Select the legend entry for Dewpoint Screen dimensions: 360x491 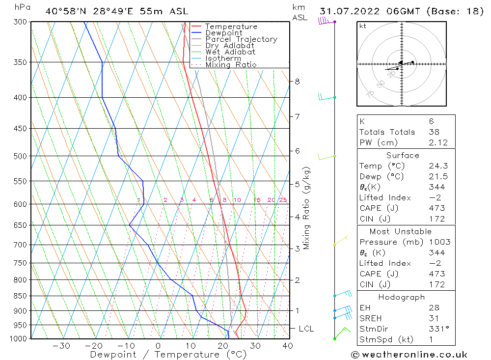[224, 33]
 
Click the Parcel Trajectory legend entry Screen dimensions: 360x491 [241, 39]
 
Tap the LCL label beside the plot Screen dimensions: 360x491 [306, 329]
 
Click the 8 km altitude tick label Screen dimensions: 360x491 [298, 82]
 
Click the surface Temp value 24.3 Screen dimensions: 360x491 [436, 166]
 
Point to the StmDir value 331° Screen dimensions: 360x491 [436, 329]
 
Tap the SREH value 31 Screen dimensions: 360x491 [432, 318]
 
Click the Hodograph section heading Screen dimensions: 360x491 [402, 297]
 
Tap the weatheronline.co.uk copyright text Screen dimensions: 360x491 [409, 354]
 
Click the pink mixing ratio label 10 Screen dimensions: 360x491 [237, 200]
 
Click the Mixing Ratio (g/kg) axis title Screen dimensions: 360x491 [307, 208]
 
